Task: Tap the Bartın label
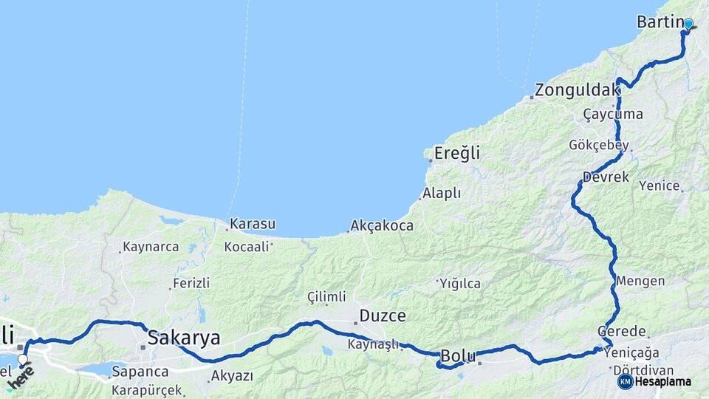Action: [x=660, y=22]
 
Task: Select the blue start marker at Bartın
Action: [x=688, y=24]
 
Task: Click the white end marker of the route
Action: [x=23, y=360]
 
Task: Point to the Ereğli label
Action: [x=457, y=154]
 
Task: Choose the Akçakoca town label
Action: [x=382, y=225]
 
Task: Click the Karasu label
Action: [x=253, y=223]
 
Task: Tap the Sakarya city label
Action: [x=184, y=338]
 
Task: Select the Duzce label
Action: [x=383, y=316]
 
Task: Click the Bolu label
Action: [x=458, y=355]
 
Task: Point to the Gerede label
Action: [x=622, y=332]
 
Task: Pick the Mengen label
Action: [x=640, y=282]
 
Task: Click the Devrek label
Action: [x=606, y=177]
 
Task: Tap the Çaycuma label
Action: [x=613, y=115]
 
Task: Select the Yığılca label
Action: [x=460, y=284]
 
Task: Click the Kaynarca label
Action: [x=151, y=247]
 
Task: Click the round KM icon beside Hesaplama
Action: [x=625, y=381]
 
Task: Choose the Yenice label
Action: [x=659, y=185]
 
